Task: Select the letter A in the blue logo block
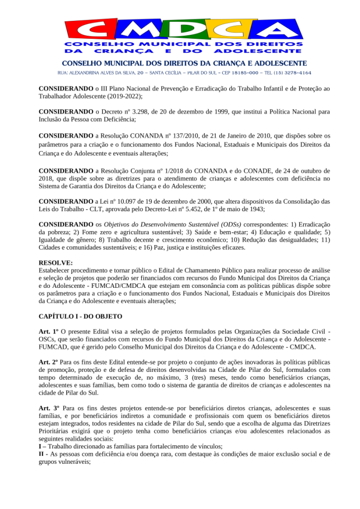(x=281, y=31)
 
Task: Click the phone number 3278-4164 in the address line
(x=297, y=73)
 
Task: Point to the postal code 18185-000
(x=244, y=73)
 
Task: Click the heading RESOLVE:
(x=55, y=262)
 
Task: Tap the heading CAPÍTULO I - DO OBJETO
(x=80, y=317)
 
